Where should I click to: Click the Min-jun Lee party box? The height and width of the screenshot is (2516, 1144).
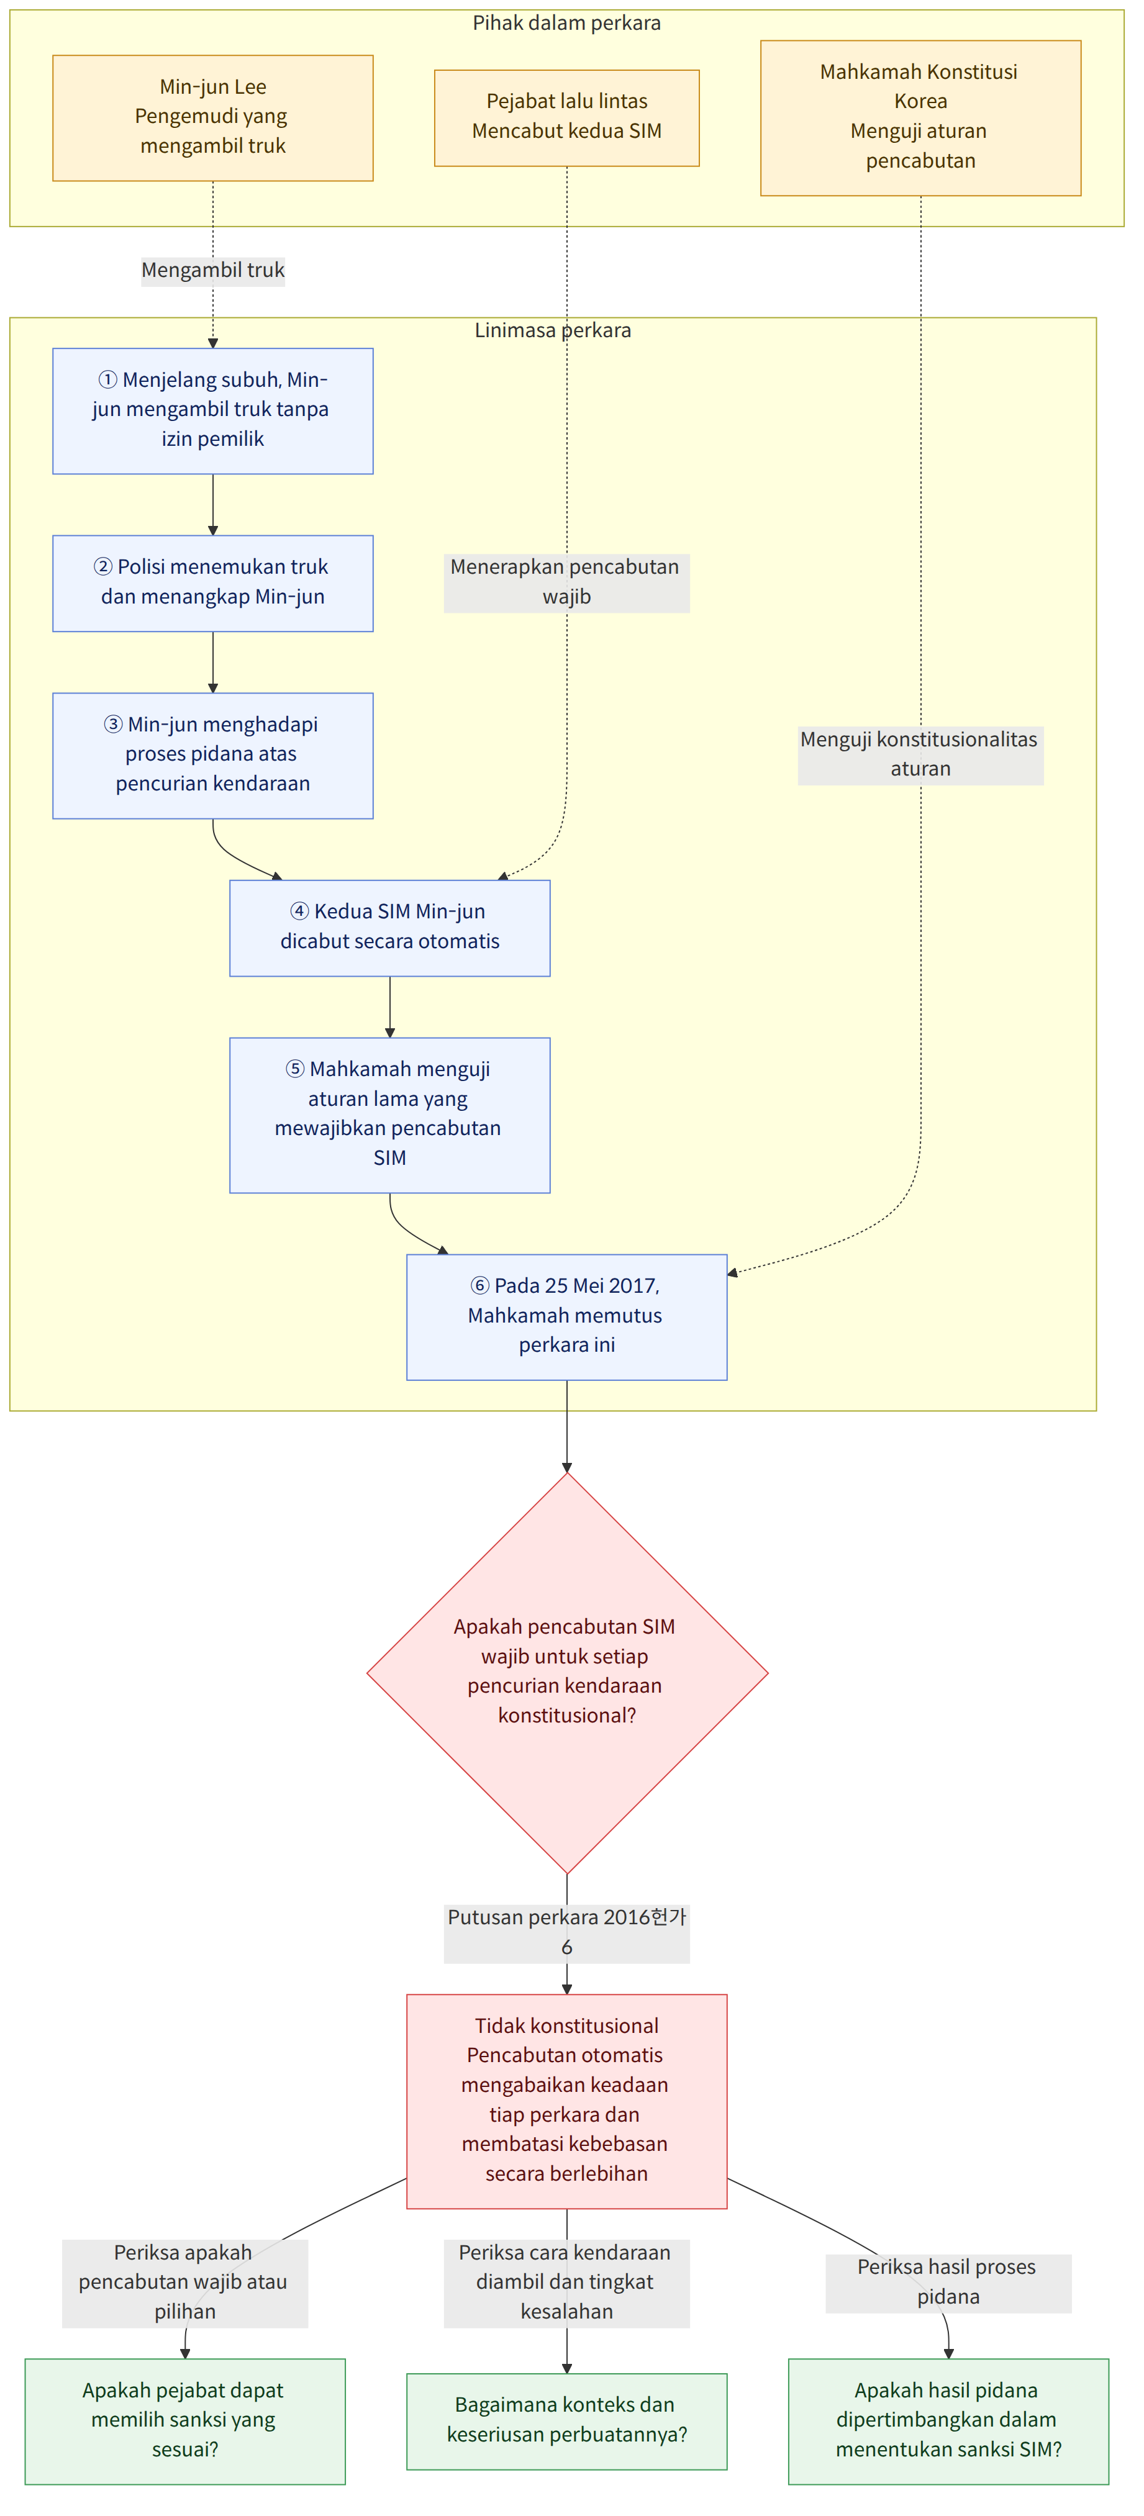(213, 118)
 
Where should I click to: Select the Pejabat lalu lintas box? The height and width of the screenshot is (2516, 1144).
(566, 118)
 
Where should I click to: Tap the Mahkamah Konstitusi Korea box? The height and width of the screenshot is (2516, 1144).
(920, 118)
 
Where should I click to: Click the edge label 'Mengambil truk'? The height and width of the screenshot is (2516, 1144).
(213, 271)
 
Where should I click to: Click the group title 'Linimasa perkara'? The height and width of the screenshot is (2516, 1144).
(553, 331)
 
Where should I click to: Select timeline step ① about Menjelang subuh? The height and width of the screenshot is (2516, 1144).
(213, 411)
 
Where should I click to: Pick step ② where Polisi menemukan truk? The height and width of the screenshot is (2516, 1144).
(213, 583)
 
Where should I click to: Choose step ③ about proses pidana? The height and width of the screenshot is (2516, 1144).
(213, 756)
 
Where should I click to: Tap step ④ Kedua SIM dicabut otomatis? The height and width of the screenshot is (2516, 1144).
(390, 928)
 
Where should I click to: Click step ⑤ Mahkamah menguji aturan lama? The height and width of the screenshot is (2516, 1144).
(390, 1115)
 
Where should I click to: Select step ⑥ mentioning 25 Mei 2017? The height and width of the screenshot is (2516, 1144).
(566, 1316)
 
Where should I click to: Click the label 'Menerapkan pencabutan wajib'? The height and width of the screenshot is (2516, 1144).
(566, 582)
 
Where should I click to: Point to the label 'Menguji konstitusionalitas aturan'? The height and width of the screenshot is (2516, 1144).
(920, 755)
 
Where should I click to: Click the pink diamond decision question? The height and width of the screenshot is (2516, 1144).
(566, 1672)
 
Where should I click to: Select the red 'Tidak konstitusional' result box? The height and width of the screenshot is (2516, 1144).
(566, 2101)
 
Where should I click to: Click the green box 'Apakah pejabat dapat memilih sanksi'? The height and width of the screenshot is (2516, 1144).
(184, 2421)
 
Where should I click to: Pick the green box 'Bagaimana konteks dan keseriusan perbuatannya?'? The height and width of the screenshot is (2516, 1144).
(566, 2421)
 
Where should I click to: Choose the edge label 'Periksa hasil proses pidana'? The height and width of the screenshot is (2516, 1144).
(948, 2283)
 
